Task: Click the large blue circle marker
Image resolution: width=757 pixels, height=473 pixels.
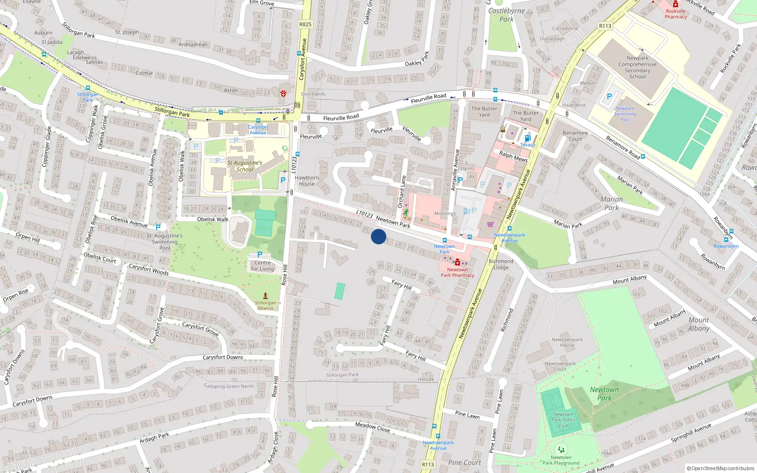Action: [x=378, y=236]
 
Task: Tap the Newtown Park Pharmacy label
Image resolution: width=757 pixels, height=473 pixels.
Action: [x=457, y=272]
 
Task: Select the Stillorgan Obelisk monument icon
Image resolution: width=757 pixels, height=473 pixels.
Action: [x=265, y=296]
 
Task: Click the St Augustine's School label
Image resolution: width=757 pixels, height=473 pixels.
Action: [x=245, y=166]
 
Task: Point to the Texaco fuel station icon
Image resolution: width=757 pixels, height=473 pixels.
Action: [x=528, y=138]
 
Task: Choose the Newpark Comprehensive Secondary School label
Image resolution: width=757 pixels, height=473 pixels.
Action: [x=637, y=67]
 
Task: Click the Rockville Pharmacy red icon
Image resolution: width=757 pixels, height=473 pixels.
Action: [x=676, y=4]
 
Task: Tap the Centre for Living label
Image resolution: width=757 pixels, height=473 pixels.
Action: [x=263, y=266]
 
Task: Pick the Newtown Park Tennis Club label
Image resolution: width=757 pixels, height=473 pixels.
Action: [x=563, y=420]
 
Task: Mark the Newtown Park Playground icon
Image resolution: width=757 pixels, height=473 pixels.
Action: [x=561, y=449]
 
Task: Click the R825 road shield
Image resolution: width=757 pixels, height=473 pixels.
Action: [x=305, y=24]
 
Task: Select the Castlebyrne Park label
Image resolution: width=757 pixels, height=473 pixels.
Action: [x=506, y=15]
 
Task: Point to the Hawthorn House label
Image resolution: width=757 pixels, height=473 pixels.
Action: [x=307, y=181]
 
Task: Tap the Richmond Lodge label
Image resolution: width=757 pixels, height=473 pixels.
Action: [x=501, y=264]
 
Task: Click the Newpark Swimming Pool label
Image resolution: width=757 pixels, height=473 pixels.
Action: [x=625, y=114]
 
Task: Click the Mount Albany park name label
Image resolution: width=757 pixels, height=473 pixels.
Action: [x=698, y=324]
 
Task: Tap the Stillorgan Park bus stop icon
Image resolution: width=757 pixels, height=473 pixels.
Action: [x=88, y=88]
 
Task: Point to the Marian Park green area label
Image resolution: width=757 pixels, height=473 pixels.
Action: [x=611, y=203]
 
